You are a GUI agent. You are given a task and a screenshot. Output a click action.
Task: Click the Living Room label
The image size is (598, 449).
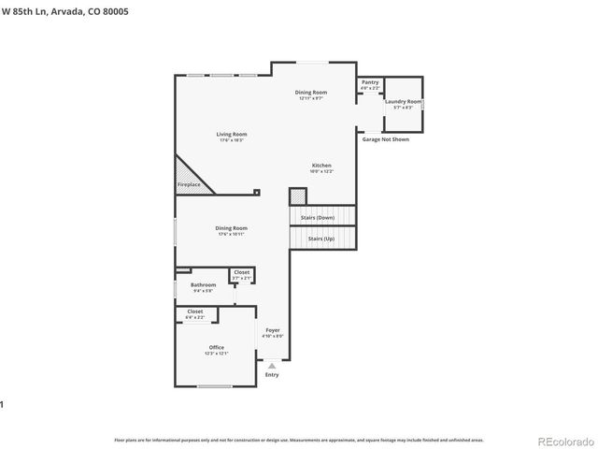233,135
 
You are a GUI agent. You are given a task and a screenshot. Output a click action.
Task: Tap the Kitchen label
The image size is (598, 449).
321,166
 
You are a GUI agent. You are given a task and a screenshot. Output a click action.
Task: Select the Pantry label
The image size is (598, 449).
370,82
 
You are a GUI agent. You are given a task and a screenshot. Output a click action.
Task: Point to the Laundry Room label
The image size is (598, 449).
403,101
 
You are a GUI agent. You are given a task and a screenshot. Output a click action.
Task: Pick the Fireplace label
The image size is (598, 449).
189,184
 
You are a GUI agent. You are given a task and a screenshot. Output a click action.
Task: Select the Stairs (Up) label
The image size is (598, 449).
321,239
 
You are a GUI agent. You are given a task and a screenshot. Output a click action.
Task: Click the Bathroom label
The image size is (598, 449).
204,284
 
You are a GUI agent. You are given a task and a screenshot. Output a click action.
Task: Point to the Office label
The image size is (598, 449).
216,347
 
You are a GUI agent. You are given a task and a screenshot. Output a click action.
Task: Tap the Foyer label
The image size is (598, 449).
272,330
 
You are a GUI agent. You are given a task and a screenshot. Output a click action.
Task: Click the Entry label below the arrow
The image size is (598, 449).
272,375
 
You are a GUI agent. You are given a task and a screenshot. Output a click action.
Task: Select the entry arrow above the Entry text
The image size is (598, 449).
272,366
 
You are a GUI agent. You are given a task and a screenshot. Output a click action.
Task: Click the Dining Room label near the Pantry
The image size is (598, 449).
311,93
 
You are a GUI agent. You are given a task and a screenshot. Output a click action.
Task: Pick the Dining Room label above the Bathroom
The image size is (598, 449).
232,227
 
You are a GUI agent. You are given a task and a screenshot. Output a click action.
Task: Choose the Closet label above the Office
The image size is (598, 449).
194,311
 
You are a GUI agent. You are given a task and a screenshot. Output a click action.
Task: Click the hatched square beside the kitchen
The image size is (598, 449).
297,196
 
